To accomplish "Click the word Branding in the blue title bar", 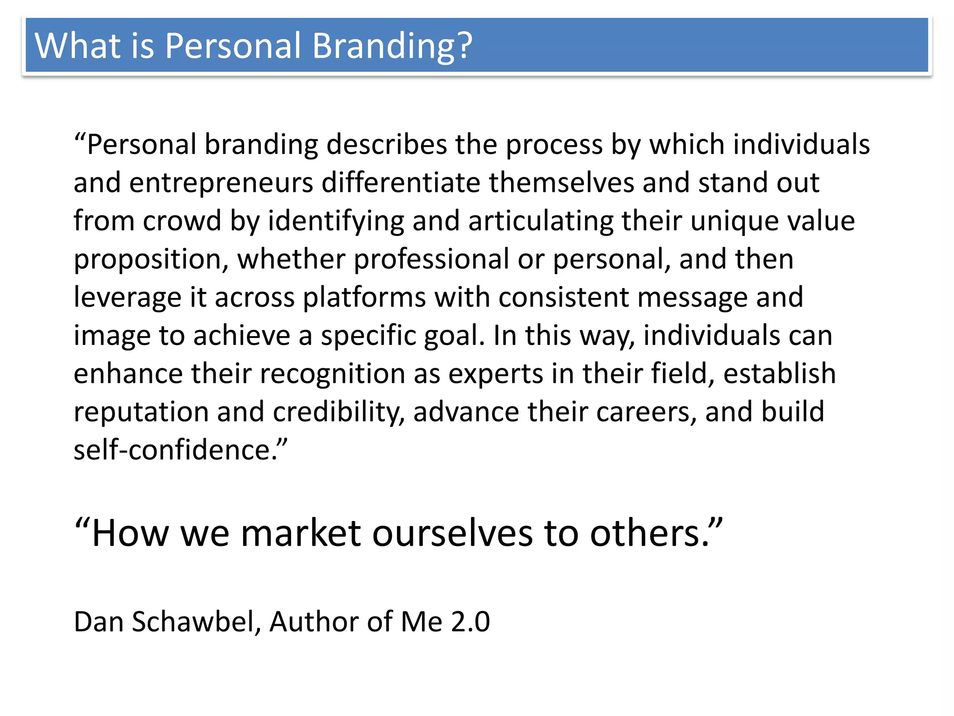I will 392,46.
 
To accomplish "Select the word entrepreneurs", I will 221,182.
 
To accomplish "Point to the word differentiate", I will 401,182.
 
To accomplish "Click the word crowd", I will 182,220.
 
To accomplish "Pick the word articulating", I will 541,220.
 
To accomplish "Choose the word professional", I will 431,259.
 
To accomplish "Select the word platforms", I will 364,297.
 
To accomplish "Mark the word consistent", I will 564,297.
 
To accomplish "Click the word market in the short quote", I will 301,533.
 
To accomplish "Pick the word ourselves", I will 452,533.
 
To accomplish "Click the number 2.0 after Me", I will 470,622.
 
